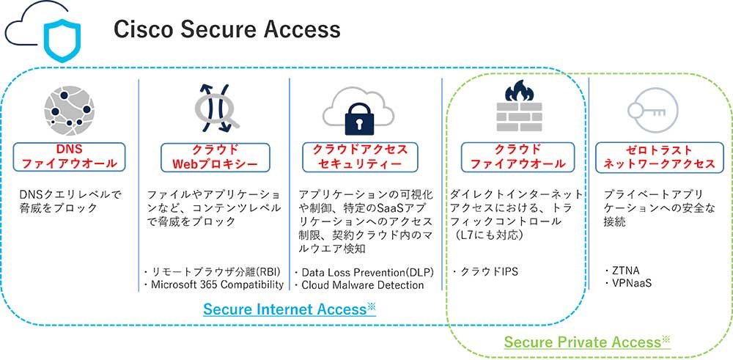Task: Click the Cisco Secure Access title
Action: (x=226, y=29)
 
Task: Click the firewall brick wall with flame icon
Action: (x=518, y=107)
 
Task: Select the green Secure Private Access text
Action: (x=582, y=342)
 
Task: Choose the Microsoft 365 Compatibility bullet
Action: (x=216, y=284)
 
